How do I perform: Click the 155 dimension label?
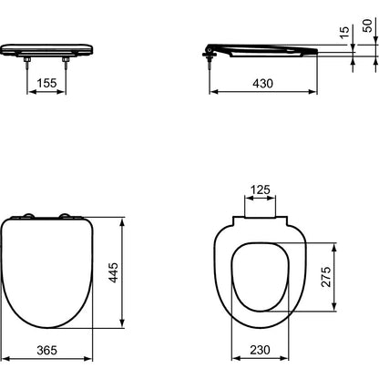pyautogui.click(x=46, y=83)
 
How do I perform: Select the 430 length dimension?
pyautogui.click(x=262, y=83)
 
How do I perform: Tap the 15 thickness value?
pyautogui.click(x=344, y=32)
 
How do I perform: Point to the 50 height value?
pyautogui.click(x=367, y=26)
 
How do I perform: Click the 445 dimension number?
pyautogui.click(x=114, y=272)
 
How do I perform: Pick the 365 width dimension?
pyautogui.click(x=46, y=350)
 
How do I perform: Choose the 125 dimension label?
pyautogui.click(x=261, y=189)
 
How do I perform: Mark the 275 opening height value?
pyautogui.click(x=326, y=277)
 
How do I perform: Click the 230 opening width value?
pyautogui.click(x=260, y=350)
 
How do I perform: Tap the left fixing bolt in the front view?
pyautogui.click(x=27, y=61)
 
